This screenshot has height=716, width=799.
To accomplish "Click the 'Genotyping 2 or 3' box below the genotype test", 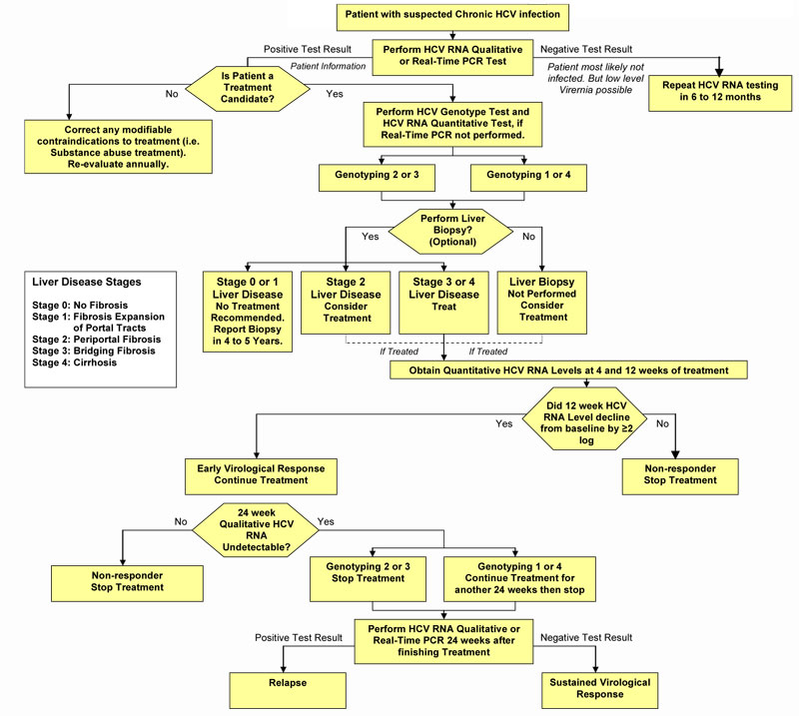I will (384, 179).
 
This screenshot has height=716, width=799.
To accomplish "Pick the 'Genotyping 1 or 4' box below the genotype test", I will (527, 179).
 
